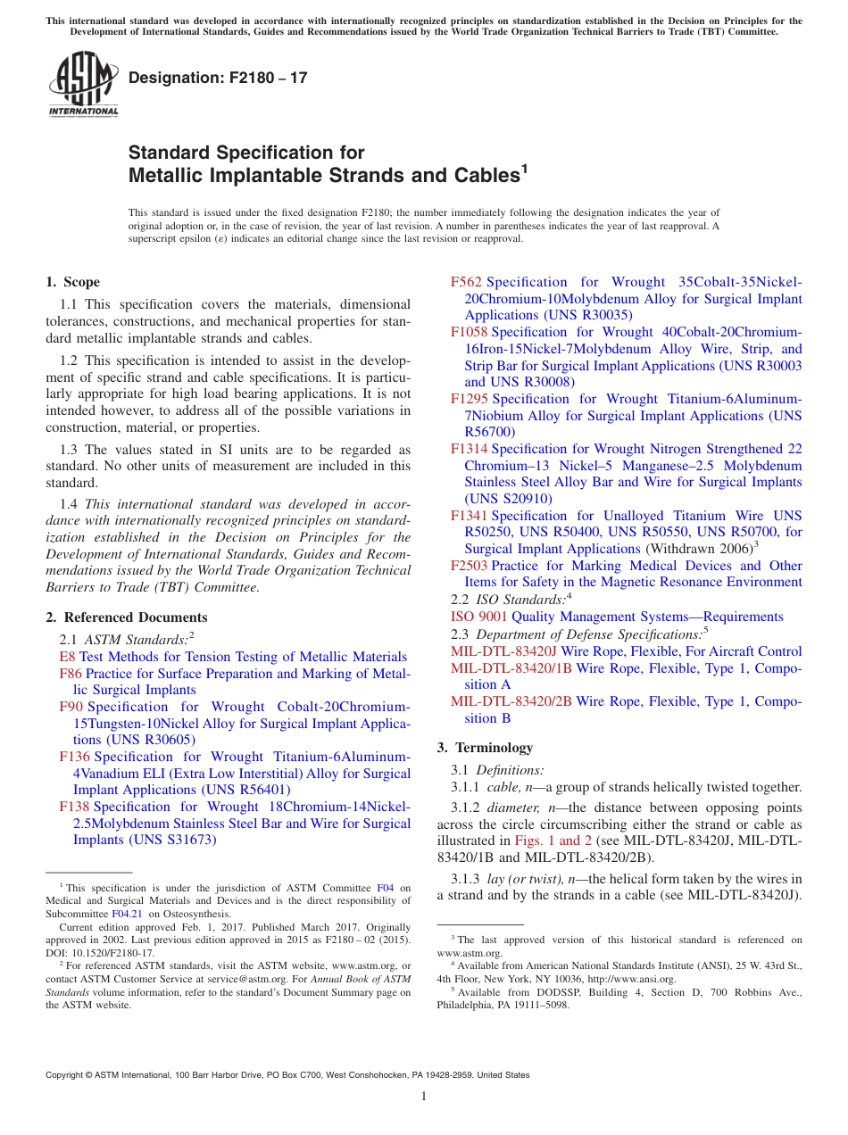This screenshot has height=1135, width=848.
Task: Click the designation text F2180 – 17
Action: coord(218,78)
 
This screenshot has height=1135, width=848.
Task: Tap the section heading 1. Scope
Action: coord(73,282)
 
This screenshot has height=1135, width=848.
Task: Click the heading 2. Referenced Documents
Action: coord(126,617)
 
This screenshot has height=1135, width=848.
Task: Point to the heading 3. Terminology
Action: coord(485,748)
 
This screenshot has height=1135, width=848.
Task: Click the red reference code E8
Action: coord(67,657)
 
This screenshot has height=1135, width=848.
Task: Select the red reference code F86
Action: coord(71,674)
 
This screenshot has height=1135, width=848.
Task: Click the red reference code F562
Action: coord(466,282)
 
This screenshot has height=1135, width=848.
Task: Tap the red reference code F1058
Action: coord(470,332)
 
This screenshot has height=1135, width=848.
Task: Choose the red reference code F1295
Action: coord(470,399)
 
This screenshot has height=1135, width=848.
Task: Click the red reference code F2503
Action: coord(470,566)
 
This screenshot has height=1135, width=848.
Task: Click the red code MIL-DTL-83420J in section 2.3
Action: coord(503,651)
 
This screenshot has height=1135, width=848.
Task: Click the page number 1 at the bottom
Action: coord(424,1097)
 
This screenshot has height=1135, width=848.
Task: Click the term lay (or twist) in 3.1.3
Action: coord(525,879)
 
